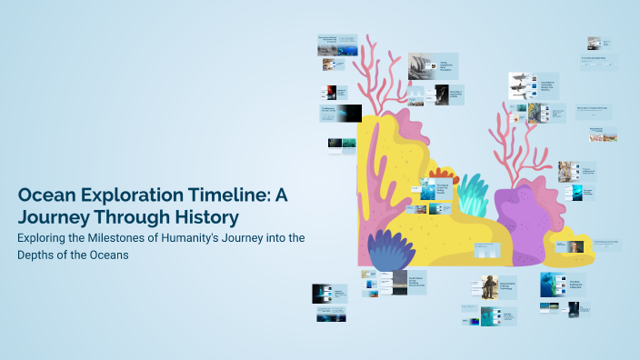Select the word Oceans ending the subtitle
(x=108, y=255)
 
